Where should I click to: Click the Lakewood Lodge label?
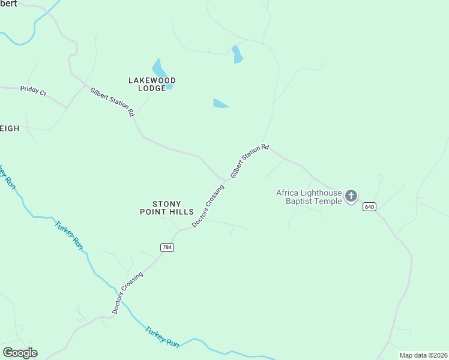click(x=152, y=84)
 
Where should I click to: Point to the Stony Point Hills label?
click(x=167, y=208)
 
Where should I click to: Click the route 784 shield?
click(x=167, y=247)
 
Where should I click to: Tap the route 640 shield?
click(x=369, y=206)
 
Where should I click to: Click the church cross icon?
click(x=351, y=196)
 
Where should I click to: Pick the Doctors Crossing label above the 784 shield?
click(x=208, y=206)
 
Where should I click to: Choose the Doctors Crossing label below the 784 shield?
click(x=128, y=293)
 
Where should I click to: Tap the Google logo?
click(x=20, y=353)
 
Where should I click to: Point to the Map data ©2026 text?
click(x=423, y=355)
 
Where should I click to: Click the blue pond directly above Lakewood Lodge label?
click(x=158, y=67)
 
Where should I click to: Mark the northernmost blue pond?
click(x=237, y=54)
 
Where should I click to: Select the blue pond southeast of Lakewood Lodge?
click(x=220, y=104)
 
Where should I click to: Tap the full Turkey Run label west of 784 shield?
click(x=68, y=235)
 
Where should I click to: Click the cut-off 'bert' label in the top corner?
click(x=8, y=3)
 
